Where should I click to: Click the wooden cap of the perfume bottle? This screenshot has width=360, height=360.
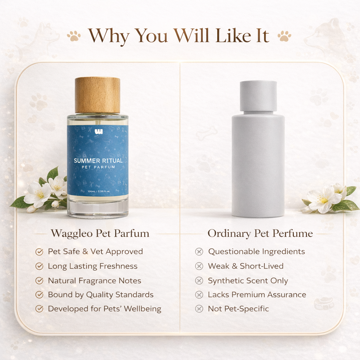pos(97,95)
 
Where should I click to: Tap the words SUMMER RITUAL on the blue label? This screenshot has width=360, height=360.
pos(98,161)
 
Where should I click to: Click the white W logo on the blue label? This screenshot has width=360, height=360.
pos(98,132)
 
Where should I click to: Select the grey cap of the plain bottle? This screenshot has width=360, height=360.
pos(258,96)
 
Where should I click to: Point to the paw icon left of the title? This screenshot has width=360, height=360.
pos(74,36)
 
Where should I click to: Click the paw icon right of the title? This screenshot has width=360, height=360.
pos(284,36)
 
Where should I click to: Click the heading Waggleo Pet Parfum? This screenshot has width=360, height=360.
pos(100,233)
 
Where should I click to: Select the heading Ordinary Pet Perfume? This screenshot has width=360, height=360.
pos(260,233)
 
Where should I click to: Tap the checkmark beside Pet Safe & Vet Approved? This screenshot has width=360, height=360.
pos(39,252)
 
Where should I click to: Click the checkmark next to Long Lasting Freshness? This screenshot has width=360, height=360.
pos(39,266)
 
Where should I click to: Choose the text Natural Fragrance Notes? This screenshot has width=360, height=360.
pos(94,281)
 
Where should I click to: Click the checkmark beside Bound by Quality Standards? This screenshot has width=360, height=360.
pos(39,295)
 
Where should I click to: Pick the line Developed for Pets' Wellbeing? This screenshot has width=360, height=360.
pos(104,309)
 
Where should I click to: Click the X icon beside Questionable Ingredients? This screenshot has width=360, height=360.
pos(199,252)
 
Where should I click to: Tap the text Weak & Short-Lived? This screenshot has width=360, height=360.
pos(245,266)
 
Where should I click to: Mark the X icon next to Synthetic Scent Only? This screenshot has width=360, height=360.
pos(199,281)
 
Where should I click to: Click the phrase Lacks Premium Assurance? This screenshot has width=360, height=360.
pos(257,295)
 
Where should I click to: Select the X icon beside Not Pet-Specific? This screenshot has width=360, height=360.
pos(199,309)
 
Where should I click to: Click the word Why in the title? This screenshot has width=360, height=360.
pos(109,36)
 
